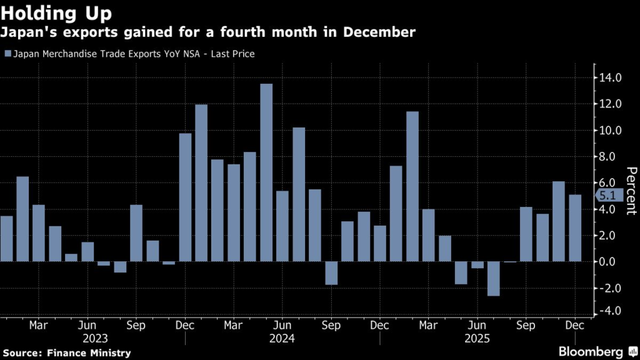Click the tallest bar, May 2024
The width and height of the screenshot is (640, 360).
(x=266, y=172)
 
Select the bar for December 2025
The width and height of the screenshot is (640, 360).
(x=575, y=228)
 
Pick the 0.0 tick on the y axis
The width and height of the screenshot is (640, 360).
(x=610, y=261)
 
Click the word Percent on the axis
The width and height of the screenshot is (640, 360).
(x=631, y=191)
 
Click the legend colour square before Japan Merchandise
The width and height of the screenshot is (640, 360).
(x=7, y=54)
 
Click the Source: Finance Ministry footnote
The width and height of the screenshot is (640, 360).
(x=66, y=353)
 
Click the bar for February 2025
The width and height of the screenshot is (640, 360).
(x=412, y=186)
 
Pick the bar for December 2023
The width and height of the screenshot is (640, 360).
(x=185, y=197)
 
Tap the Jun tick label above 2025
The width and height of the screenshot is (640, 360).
(x=477, y=325)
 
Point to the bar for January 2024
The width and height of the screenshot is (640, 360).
(x=201, y=183)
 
